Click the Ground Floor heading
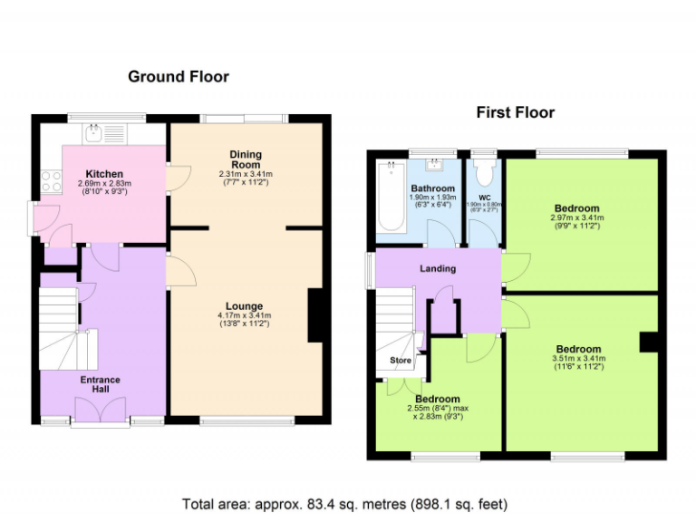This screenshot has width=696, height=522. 178,77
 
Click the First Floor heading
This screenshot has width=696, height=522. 515,112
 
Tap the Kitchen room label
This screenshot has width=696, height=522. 104,174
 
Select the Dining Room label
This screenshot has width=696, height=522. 245,159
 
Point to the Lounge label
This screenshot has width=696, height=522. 245,307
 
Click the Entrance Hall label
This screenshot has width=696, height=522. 100,385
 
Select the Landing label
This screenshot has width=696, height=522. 438,268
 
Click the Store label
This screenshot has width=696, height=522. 400,361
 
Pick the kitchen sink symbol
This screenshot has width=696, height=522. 94,134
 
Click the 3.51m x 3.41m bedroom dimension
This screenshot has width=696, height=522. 578,360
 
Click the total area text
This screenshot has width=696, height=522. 345,503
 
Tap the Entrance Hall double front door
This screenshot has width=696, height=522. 101,412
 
